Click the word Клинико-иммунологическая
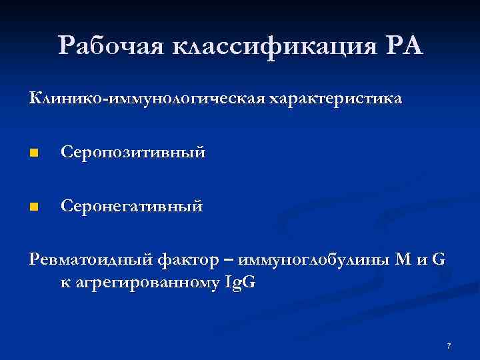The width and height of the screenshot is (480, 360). pyautogui.click(x=147, y=99)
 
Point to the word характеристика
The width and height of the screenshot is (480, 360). pyautogui.click(x=335, y=99)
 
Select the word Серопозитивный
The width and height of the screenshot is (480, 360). pyautogui.click(x=133, y=153)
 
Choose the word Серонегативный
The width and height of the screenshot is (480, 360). pyautogui.click(x=131, y=207)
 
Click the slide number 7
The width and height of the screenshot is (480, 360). pyautogui.click(x=449, y=346)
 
